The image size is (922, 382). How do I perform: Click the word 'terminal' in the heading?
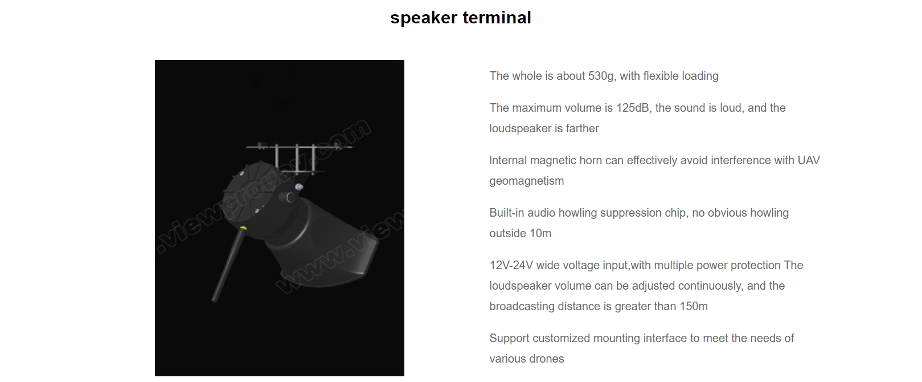point(497,18)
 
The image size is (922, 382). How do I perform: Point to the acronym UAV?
point(808,161)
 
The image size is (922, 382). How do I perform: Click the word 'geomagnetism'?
point(526,181)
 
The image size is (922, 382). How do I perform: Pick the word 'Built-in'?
point(506,213)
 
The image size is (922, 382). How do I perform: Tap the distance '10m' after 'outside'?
point(540,234)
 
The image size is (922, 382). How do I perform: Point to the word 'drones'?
point(547,359)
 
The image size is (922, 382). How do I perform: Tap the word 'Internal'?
point(507,161)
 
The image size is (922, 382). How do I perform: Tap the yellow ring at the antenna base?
point(243,228)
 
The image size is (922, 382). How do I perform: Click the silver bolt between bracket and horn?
point(299,186)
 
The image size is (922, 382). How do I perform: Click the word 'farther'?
point(582,129)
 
